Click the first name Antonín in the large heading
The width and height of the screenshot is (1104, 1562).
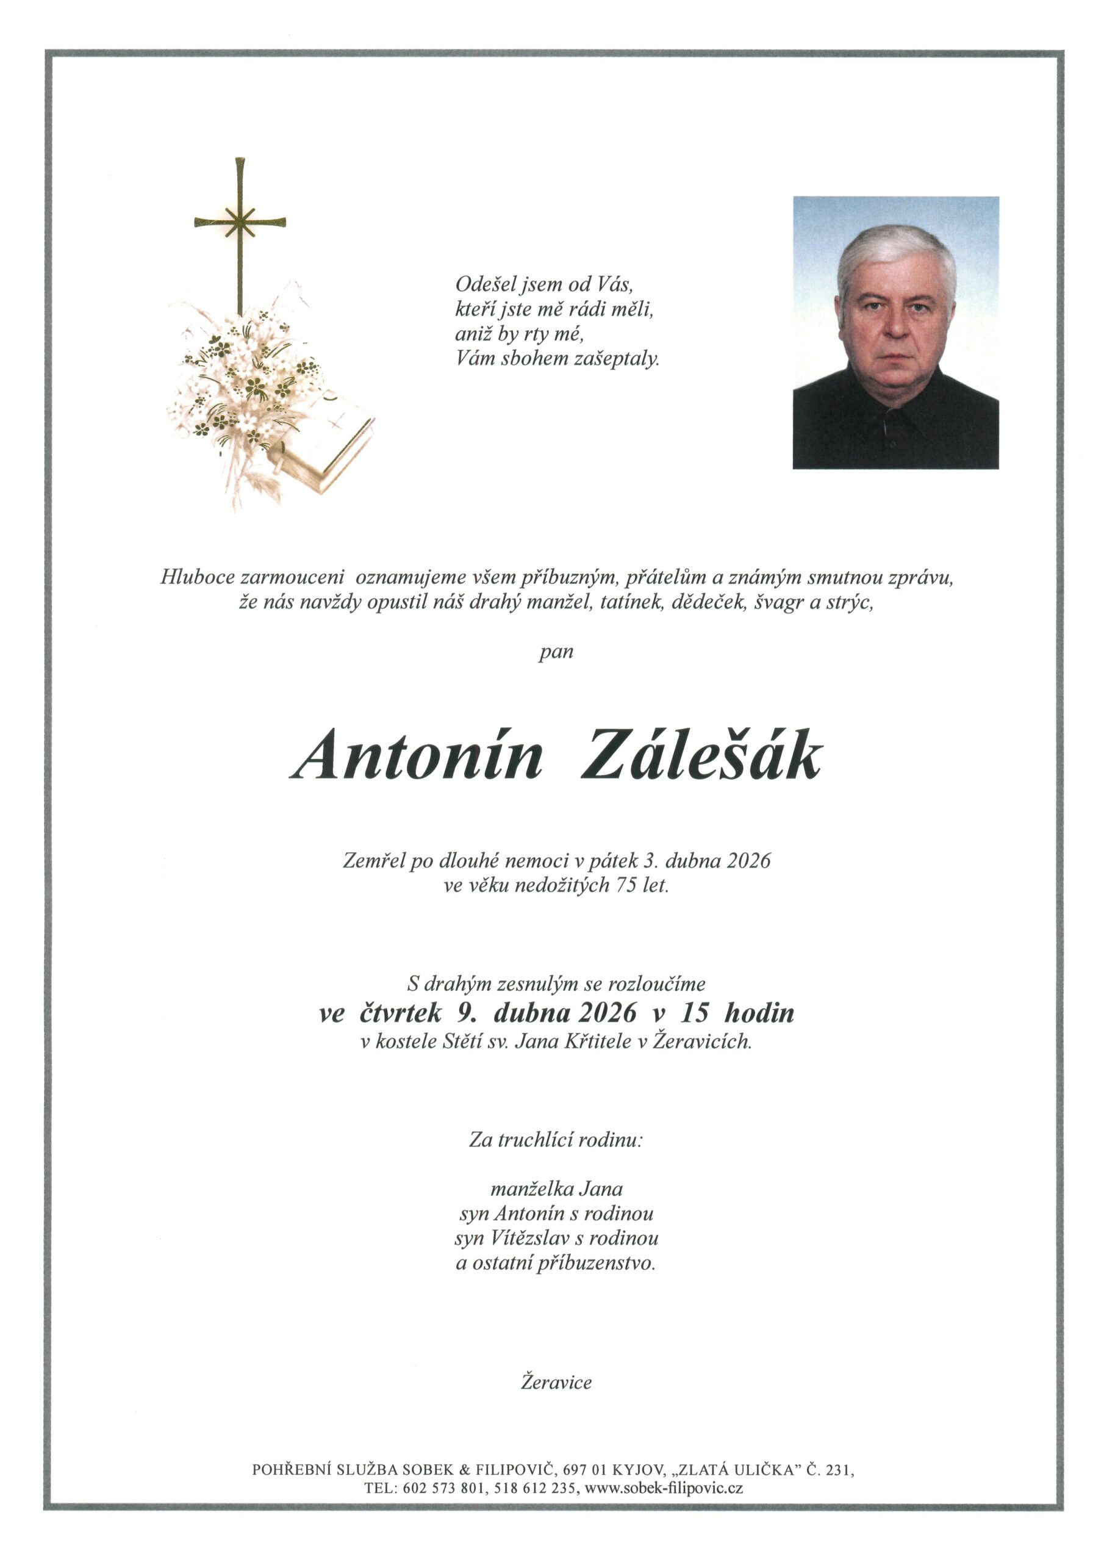point(417,755)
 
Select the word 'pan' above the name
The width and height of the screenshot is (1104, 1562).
point(556,652)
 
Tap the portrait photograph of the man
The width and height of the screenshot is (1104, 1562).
point(895,333)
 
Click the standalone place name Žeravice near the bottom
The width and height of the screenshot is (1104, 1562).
point(556,1382)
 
